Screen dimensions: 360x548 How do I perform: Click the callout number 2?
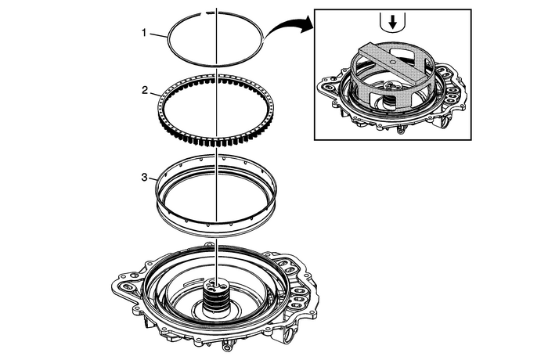tap(144, 91)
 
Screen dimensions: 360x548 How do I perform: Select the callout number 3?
tap(144, 178)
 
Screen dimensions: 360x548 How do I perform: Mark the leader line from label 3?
tap(153, 179)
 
